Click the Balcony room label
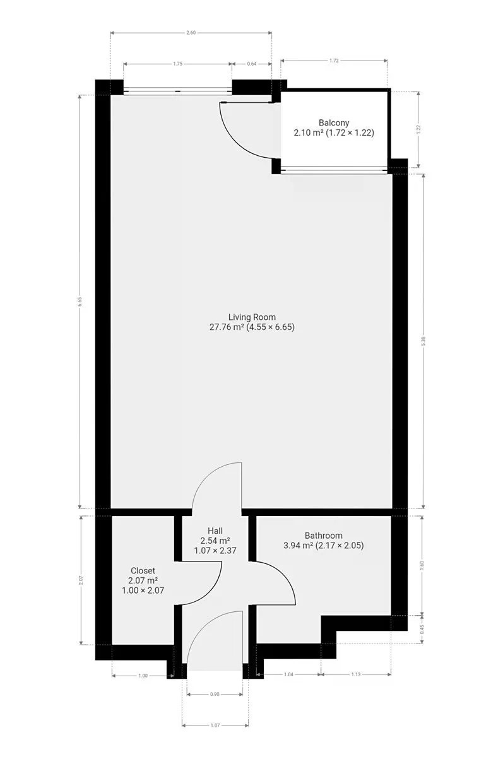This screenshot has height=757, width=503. (334, 122)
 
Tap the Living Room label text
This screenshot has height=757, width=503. (252, 317)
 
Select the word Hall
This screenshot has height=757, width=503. (215, 531)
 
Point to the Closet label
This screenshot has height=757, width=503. (143, 570)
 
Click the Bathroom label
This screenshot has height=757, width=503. (324, 536)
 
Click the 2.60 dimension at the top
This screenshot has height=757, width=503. (191, 33)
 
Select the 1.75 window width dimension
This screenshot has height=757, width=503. (177, 64)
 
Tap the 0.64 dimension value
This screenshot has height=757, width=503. (252, 64)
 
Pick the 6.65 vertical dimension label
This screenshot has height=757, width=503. (80, 301)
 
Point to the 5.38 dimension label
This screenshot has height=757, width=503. (424, 341)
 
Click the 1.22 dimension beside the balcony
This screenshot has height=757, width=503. (418, 129)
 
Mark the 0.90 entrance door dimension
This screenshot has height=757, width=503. (215, 694)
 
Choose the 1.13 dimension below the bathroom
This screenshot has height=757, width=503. (355, 674)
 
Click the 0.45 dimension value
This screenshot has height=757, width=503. (422, 629)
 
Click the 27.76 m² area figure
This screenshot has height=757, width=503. (227, 327)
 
